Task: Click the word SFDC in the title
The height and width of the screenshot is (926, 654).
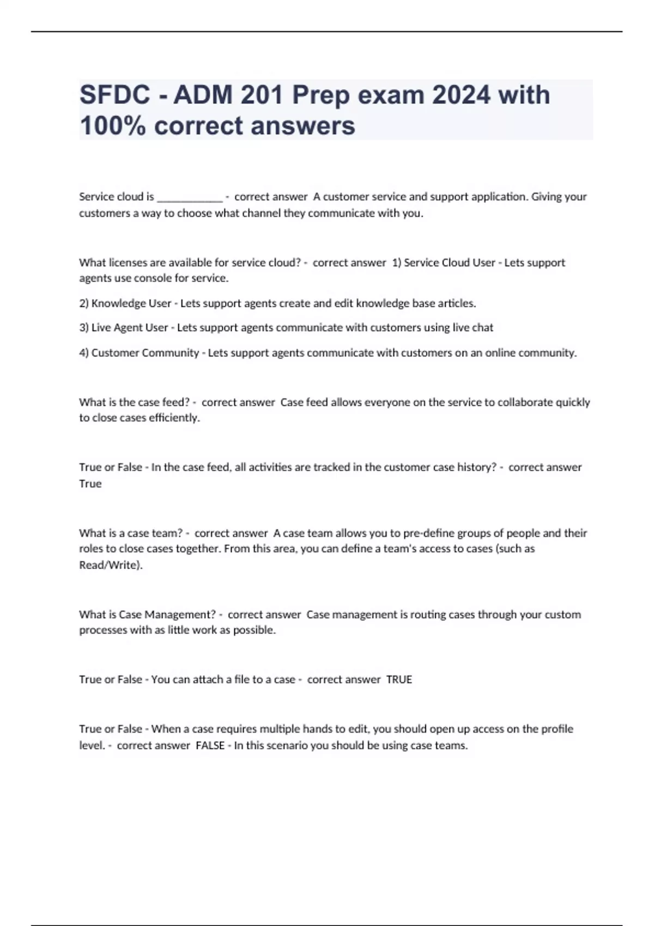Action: (x=115, y=95)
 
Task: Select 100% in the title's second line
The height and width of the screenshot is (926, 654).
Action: (x=113, y=126)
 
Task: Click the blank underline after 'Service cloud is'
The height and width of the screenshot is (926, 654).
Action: (x=190, y=197)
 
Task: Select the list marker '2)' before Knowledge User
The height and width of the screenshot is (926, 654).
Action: (x=84, y=303)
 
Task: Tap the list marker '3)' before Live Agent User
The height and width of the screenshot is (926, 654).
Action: (x=84, y=328)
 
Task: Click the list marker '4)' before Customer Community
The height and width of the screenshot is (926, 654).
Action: (x=84, y=353)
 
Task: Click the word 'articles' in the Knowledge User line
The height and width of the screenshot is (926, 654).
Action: (x=458, y=303)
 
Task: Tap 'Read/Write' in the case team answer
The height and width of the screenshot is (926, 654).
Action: (x=110, y=565)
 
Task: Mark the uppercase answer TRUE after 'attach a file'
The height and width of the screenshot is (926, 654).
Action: (x=399, y=680)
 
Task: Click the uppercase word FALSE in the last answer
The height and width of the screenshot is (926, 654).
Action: (x=210, y=746)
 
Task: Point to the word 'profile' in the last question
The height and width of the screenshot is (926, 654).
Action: (x=555, y=729)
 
